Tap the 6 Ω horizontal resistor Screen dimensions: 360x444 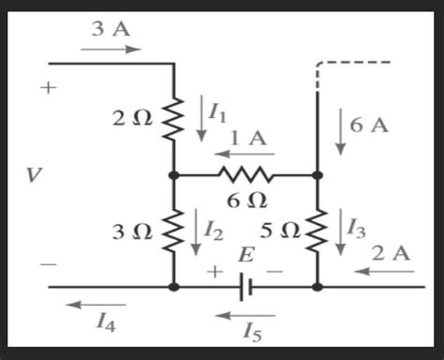(x=245, y=175)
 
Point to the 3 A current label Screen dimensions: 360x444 (x=110, y=28)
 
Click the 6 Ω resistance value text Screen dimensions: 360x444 (x=247, y=200)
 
